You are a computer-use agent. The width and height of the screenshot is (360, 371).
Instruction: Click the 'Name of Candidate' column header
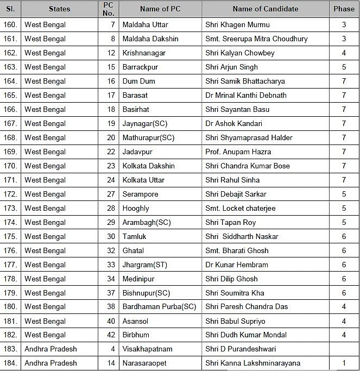pos(265,9)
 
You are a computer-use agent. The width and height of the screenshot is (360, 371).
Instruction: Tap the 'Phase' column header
pos(344,9)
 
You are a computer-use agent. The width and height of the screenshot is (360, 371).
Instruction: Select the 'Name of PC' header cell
pos(160,9)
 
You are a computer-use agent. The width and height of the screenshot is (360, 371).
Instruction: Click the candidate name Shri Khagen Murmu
pos(237,25)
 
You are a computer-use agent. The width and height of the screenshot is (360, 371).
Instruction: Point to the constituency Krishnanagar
pos(144,53)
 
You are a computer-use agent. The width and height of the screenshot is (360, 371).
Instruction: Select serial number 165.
pos(10,96)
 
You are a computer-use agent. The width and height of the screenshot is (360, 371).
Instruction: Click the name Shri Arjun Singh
pos(231,67)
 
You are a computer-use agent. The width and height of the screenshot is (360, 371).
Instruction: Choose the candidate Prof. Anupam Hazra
pos(238,152)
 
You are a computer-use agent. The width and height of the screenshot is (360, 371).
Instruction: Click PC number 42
pos(111,335)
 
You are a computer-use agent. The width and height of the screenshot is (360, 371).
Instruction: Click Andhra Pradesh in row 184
pos(50,363)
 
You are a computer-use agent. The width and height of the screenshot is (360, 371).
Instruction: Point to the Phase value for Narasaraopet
pos(344,363)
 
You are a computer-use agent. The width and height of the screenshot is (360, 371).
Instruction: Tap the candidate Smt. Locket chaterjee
pos(240,209)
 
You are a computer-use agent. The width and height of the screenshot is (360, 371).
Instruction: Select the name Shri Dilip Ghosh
pos(231,279)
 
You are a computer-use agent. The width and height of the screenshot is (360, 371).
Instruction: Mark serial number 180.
pos(10,307)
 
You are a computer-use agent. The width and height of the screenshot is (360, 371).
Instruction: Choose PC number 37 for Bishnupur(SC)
pos(111,293)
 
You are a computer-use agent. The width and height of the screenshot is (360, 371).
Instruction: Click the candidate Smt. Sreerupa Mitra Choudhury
pos(256,39)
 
